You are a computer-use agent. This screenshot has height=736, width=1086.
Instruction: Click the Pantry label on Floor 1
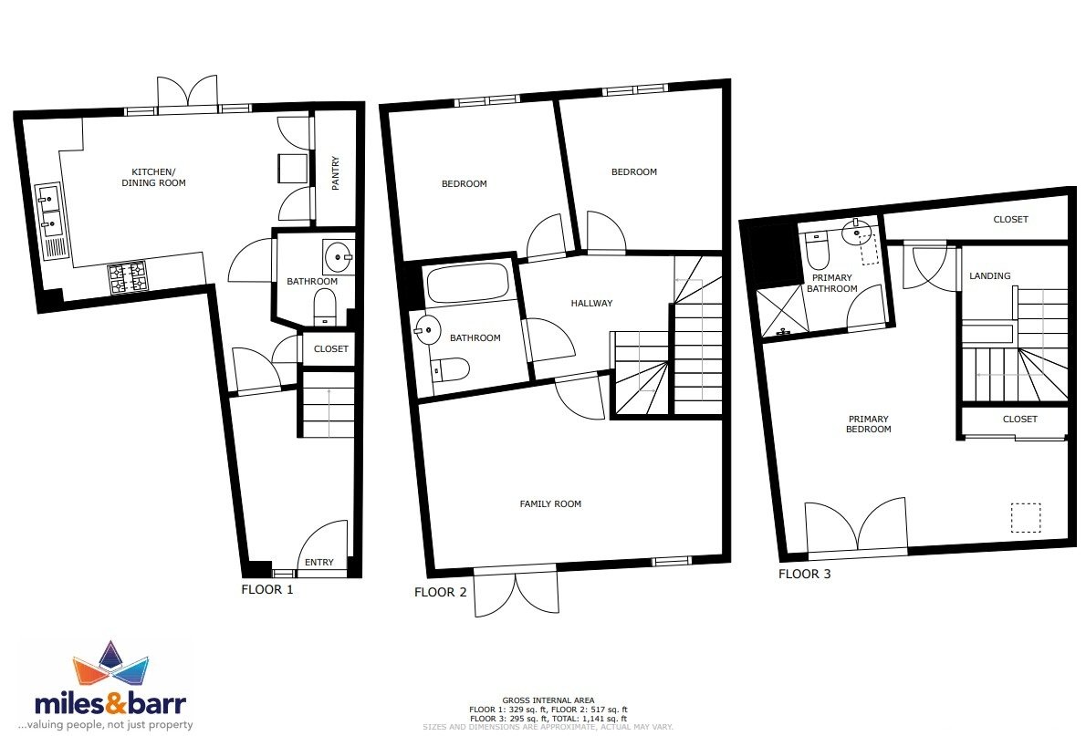tap(336, 173)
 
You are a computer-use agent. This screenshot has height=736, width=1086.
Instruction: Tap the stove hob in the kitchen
tap(128, 277)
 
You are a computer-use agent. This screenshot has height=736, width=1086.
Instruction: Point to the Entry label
tap(319, 562)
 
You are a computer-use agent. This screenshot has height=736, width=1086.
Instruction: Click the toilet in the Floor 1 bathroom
tap(324, 306)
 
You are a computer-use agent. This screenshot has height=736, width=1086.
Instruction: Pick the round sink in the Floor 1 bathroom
tap(339, 257)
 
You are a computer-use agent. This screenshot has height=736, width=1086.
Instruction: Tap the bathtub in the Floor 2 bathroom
tap(467, 284)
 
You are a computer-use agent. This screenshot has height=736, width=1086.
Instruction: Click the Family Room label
tap(550, 504)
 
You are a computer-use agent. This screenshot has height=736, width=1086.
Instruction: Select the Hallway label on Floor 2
tap(591, 304)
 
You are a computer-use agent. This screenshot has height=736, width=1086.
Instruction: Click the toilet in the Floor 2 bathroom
tap(450, 369)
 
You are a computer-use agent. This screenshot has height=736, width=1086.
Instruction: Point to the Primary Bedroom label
tap(869, 424)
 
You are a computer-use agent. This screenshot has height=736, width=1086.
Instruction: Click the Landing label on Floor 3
tap(990, 275)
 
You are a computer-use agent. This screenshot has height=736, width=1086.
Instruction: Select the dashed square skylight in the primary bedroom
tap(1026, 517)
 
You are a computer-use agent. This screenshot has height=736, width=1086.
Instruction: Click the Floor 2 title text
tap(441, 592)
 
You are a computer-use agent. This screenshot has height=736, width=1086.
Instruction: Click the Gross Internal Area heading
tap(548, 700)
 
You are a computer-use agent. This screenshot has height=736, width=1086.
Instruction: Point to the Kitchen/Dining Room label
tap(153, 177)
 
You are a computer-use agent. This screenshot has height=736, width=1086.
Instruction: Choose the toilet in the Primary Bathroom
tap(818, 252)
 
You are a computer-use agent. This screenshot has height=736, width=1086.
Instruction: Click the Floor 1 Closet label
tap(331, 349)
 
